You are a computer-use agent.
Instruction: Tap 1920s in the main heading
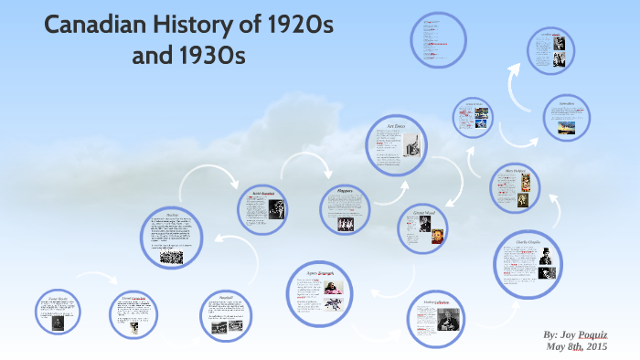coord(300,26)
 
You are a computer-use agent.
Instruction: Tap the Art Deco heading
coord(395,127)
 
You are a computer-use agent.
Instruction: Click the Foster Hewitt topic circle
coord(60,313)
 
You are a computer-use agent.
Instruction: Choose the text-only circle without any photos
coord(430,39)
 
